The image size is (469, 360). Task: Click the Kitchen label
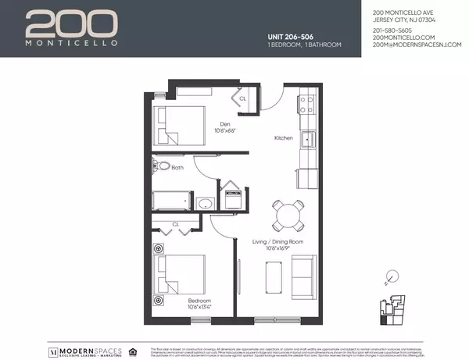pos(283,138)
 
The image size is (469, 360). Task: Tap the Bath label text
pos(177,167)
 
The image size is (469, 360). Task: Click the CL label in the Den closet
pos(242,99)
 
